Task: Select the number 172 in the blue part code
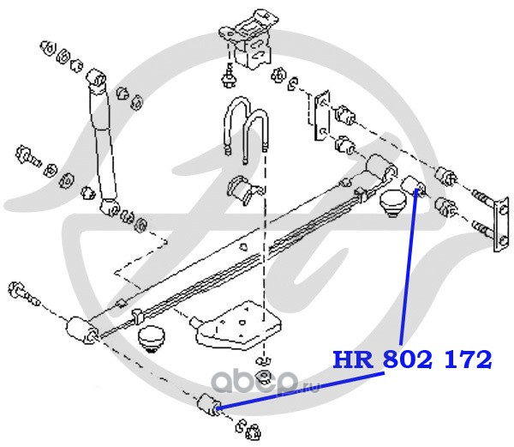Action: pos(468,358)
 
